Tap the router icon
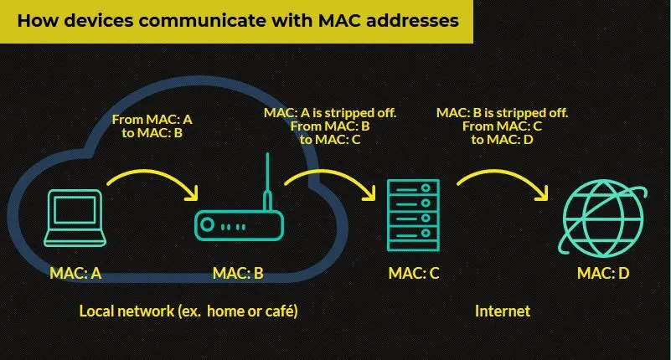[x=238, y=224]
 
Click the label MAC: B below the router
[x=238, y=272]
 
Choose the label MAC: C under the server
[x=415, y=272]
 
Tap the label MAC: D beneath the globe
[x=603, y=272]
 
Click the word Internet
[x=503, y=311]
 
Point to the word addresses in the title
[x=410, y=20]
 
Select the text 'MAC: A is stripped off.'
[x=330, y=112]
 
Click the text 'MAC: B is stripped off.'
[x=503, y=112]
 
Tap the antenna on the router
[x=266, y=180]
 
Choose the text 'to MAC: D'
[x=503, y=140]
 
